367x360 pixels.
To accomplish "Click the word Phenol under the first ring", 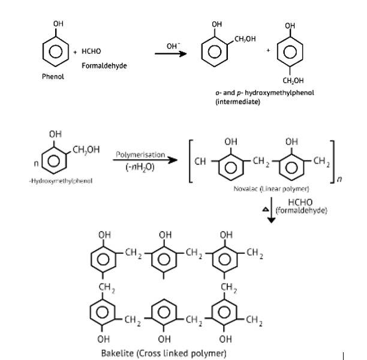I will (x=53, y=77).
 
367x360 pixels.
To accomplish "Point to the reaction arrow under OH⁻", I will (x=172, y=54).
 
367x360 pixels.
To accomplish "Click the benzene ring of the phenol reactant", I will (x=56, y=52).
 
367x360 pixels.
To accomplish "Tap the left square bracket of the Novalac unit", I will (x=191, y=160).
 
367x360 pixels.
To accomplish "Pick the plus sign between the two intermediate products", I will (x=269, y=50).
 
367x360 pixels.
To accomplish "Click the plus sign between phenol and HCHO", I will (x=75, y=53).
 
